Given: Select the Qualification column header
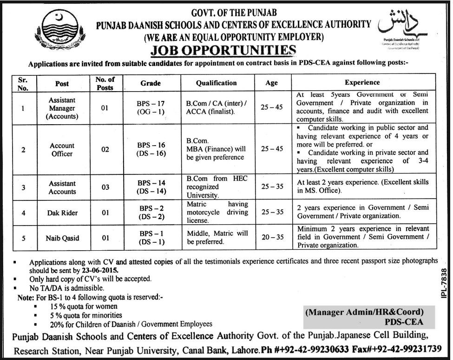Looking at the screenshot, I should pos(216,83).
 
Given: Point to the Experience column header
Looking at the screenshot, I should pos(362,83).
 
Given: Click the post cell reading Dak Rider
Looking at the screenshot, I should pos(62,213).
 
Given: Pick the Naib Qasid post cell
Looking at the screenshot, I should pos(62,238).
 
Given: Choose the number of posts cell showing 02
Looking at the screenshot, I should pos(105,150).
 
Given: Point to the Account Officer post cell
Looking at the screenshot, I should pos(62,150).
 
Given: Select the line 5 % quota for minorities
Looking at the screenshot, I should pos(80,315).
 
